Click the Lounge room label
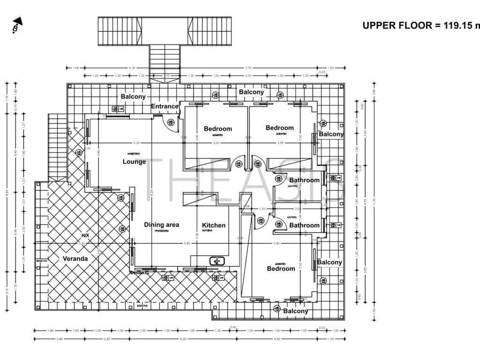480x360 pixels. point(134,162)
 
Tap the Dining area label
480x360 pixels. point(161,225)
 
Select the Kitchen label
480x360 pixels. point(214,225)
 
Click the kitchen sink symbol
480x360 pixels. point(217,261)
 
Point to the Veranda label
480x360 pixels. point(75,258)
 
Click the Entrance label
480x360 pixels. point(165,106)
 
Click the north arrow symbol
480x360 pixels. point(17,25)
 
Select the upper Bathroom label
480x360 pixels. point(304,180)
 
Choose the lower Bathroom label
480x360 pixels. point(304,225)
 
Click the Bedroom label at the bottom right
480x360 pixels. point(281,269)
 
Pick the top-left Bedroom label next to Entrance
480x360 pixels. point(217,129)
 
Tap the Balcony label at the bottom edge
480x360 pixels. point(296,311)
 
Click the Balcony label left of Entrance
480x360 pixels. point(133,97)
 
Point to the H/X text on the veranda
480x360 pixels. point(85,235)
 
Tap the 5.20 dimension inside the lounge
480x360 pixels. point(136,142)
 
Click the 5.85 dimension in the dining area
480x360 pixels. point(187,243)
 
